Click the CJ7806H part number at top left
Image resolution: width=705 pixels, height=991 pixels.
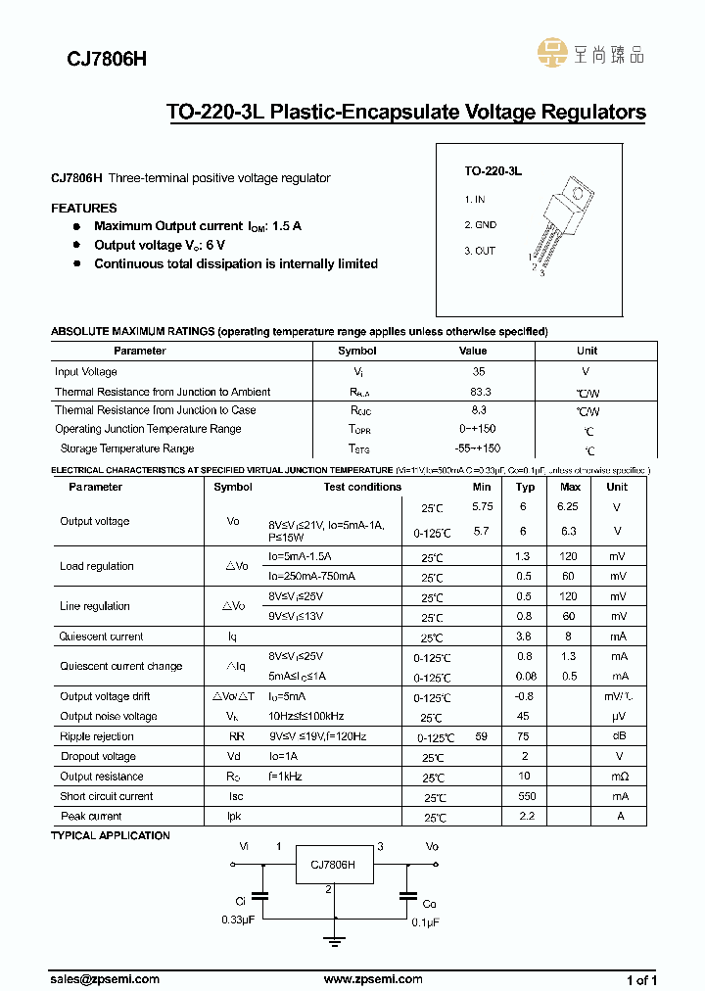[x=93, y=59]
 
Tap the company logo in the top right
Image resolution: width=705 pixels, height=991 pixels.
[x=590, y=53]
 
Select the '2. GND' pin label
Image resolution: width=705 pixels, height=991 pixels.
[x=480, y=225]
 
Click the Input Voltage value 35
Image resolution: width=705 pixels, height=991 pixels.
[x=478, y=372]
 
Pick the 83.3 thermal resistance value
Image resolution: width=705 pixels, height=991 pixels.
[x=480, y=392]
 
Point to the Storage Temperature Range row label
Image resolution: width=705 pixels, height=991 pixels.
[x=127, y=448]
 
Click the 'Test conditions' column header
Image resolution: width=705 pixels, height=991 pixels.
[x=362, y=487]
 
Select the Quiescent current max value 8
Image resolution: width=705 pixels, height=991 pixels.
[x=569, y=637]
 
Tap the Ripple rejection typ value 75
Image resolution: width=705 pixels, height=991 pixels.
[x=525, y=736]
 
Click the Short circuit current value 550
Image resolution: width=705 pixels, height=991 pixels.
[x=525, y=796]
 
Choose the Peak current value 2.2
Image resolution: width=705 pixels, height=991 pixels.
[x=525, y=816]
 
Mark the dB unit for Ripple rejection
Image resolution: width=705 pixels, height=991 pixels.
[x=617, y=736]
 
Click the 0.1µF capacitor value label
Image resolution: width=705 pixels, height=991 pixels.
[x=425, y=922]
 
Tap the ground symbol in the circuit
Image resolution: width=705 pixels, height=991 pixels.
[x=336, y=942]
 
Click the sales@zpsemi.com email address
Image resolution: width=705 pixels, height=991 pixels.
[x=105, y=979]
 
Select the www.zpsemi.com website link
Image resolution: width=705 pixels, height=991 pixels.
[x=372, y=979]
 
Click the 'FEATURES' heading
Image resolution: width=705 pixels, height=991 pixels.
[x=83, y=208]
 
